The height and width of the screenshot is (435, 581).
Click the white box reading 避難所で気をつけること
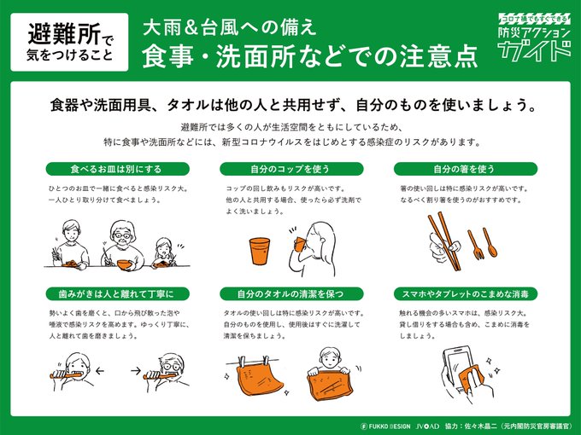[x=69, y=42]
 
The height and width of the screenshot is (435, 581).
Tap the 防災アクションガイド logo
[x=534, y=38]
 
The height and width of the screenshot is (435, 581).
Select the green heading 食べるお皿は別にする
[x=117, y=169]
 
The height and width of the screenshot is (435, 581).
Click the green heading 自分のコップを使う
[x=291, y=169]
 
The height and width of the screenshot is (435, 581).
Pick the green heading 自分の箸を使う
[x=466, y=169]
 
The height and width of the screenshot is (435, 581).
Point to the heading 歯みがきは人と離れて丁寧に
[x=117, y=294]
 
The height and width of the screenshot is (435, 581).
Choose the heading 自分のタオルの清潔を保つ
[x=291, y=294]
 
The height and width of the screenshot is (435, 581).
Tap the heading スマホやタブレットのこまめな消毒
[x=466, y=294]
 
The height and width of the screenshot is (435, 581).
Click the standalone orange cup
[x=260, y=251]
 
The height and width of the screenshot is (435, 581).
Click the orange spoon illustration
[x=490, y=242]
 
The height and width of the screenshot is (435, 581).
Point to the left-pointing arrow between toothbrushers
[x=99, y=371]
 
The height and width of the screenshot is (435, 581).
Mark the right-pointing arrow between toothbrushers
[x=136, y=370]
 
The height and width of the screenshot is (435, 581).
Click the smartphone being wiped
[x=460, y=368]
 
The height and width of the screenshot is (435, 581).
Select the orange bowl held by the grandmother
[x=125, y=264]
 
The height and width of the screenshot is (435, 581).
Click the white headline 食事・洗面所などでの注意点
[x=309, y=56]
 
